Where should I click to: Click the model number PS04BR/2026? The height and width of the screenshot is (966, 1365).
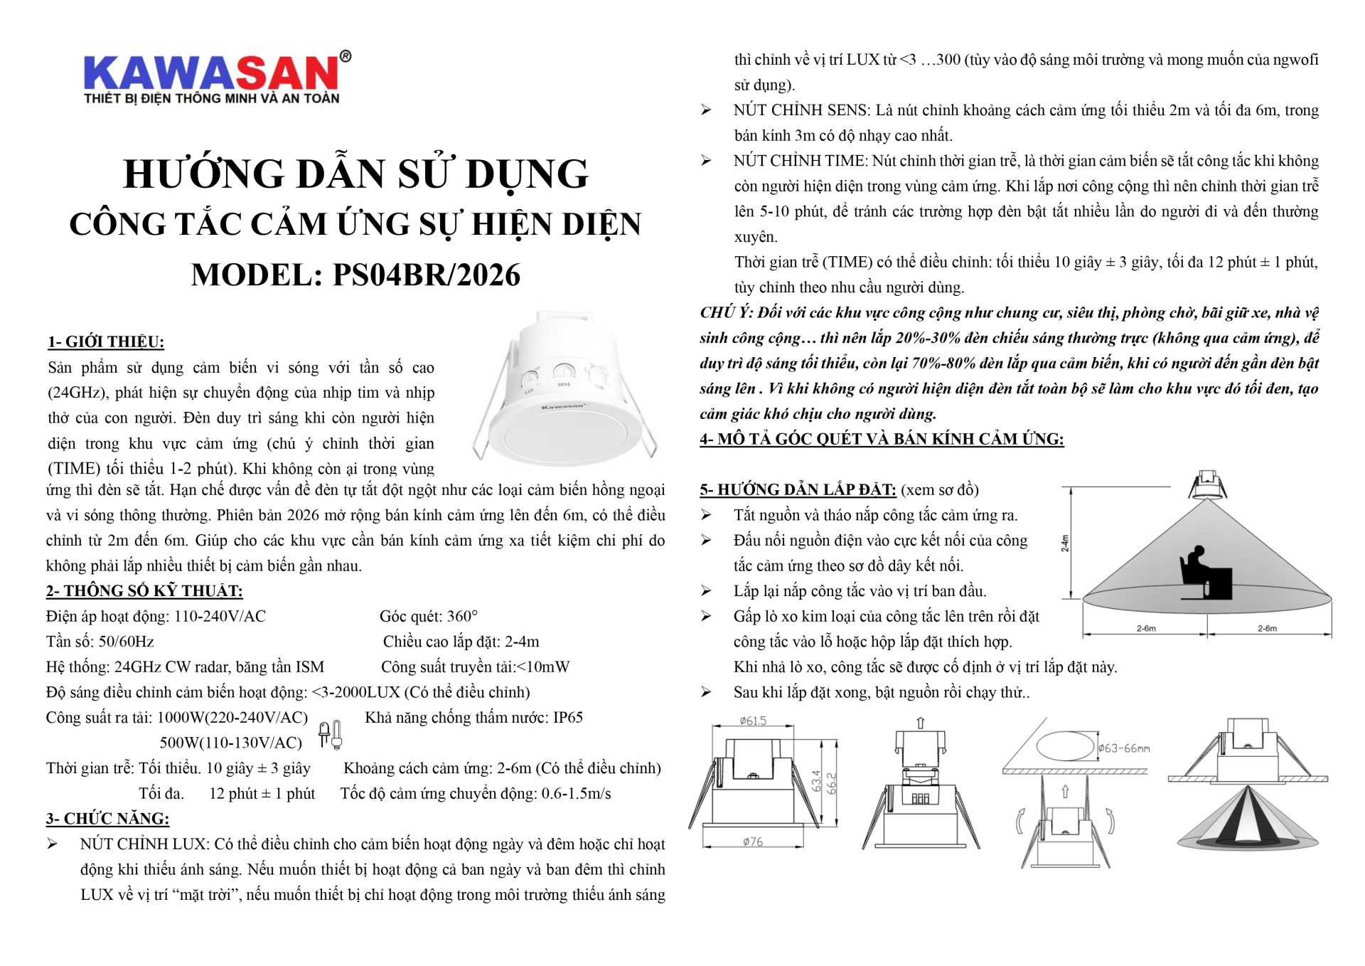426,275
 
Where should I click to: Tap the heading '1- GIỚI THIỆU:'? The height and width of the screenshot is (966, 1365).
106,342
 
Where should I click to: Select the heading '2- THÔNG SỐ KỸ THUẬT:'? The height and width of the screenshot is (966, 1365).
144,591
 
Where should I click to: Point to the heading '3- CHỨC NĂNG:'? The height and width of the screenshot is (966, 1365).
107,819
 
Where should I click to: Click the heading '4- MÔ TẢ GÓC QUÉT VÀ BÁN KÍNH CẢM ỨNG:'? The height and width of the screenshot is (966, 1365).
882,439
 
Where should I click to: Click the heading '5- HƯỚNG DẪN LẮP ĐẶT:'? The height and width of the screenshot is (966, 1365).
798,489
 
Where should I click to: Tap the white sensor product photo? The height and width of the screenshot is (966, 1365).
565,388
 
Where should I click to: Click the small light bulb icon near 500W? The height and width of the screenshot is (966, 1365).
331,734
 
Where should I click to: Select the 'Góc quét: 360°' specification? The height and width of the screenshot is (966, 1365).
429,616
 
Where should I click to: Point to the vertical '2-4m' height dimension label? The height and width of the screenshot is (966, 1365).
1065,543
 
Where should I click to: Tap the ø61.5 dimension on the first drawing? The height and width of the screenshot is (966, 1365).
753,721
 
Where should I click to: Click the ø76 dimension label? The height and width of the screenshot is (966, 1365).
753,842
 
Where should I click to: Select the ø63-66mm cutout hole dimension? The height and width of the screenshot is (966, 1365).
1124,748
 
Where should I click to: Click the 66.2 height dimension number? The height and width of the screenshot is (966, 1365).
832,782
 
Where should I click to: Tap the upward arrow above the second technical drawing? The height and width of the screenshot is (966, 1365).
921,723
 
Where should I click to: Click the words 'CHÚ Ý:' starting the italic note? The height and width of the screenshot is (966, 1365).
726,312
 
